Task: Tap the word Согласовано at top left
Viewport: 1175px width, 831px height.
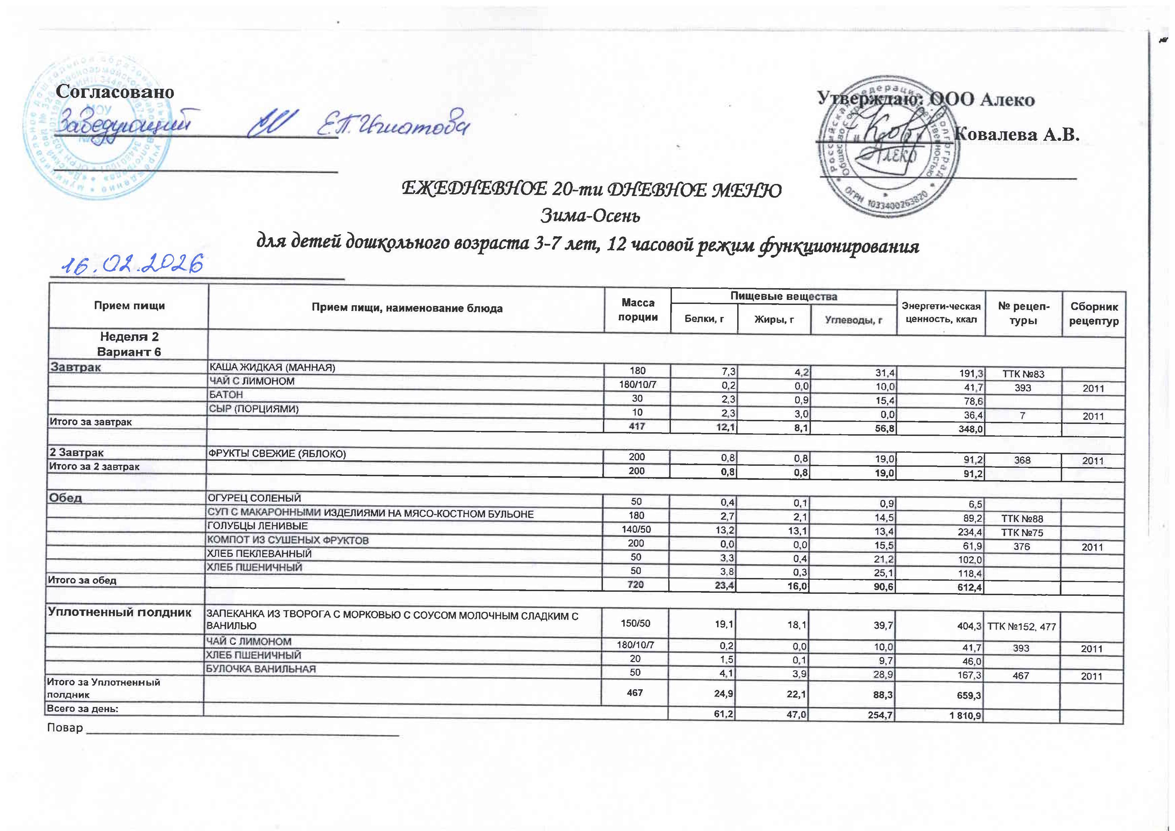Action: click(115, 92)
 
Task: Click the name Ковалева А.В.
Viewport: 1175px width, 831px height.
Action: click(1017, 134)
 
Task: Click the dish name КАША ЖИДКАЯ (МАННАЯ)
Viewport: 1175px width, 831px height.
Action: click(271, 368)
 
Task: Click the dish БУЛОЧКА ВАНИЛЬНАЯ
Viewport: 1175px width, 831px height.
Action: click(261, 669)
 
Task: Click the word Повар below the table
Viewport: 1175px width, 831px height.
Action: click(65, 727)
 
